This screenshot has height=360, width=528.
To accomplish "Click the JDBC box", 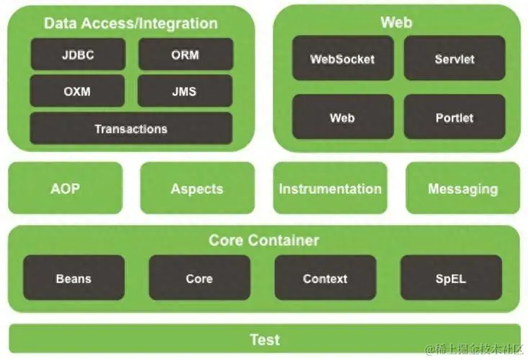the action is (78, 54).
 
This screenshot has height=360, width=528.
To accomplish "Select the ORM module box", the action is (186, 54).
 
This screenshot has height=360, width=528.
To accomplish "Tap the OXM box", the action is (78, 91).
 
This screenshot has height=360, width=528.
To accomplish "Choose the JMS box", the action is (185, 91).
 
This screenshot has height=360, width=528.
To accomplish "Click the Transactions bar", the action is (131, 129).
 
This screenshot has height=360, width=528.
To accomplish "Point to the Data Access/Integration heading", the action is (130, 23).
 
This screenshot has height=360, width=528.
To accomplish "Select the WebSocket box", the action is (343, 58).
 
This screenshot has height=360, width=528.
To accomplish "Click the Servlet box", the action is (455, 58).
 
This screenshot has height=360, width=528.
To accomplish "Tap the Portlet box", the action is (455, 117).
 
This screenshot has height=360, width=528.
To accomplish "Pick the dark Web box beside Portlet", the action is (343, 117).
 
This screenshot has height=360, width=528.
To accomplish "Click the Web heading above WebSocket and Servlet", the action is (396, 22).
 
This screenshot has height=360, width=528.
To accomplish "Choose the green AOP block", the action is (66, 188).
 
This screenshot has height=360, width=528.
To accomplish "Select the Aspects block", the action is (197, 188).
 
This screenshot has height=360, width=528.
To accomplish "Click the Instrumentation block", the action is (331, 188).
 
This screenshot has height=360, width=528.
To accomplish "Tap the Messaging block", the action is (463, 188).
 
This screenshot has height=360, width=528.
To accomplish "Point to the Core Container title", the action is (264, 240).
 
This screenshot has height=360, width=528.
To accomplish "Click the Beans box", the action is (73, 278).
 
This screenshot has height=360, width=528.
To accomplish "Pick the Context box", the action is (326, 278).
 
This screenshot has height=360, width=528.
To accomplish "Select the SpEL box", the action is (451, 278).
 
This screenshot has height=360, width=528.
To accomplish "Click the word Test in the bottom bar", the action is (264, 339).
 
